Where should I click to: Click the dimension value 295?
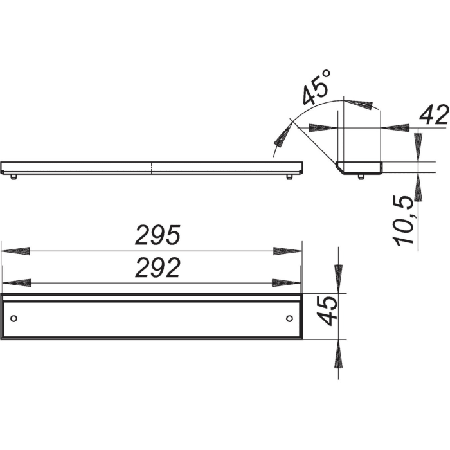[157, 237]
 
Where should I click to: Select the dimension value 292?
[157, 269]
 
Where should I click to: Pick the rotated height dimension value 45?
[328, 310]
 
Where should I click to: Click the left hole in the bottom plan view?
[14, 319]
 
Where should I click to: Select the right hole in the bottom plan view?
[289, 319]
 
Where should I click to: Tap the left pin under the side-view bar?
[14, 176]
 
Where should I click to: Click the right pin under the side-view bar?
[290, 176]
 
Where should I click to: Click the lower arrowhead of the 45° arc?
[281, 136]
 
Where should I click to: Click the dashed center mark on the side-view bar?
[152, 168]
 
